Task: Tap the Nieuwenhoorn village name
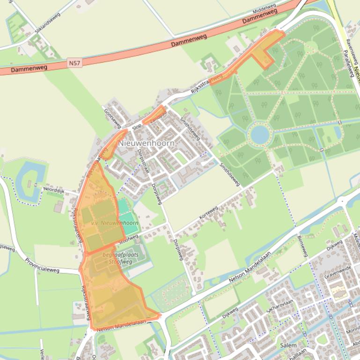point(147,144)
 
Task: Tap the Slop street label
point(137,127)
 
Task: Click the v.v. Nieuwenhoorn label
point(115,223)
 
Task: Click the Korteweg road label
point(209,216)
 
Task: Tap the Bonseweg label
point(302,246)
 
